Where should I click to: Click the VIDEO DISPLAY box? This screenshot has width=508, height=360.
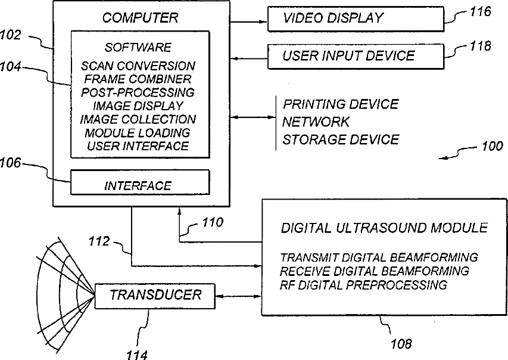point(356,18)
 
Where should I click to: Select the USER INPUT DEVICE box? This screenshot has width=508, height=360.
point(356,56)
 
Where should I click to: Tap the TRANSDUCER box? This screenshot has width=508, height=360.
point(155,295)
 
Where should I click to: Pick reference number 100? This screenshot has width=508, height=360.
point(490,146)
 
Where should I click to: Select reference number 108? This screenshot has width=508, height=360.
point(401,344)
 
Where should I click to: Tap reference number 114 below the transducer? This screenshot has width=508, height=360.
point(137,354)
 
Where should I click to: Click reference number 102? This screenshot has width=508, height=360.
point(11,35)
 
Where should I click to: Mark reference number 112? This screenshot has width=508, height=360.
point(100,241)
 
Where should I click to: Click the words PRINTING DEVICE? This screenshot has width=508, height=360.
point(341,104)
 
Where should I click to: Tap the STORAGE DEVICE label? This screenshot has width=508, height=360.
point(341,139)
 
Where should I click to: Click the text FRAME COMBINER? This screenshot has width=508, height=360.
point(138,79)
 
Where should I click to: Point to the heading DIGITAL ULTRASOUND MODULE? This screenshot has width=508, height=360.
point(384,228)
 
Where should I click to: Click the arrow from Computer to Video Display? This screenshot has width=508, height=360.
point(247,21)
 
